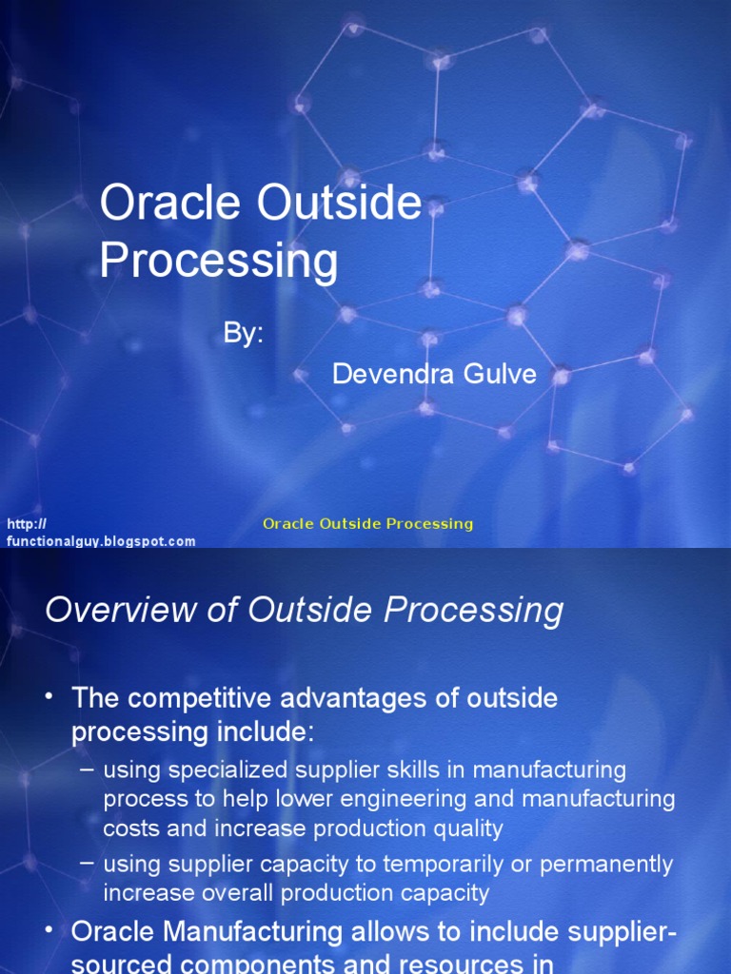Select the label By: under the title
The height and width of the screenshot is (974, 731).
point(243,334)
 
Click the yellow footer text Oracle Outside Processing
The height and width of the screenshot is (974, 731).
point(367,524)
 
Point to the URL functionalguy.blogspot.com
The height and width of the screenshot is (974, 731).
point(101,541)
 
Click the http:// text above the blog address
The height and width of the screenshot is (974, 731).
point(27,524)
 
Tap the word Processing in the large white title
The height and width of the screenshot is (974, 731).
point(218,261)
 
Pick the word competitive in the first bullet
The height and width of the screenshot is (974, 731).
point(198,698)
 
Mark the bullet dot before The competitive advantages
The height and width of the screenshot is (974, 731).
point(49,697)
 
